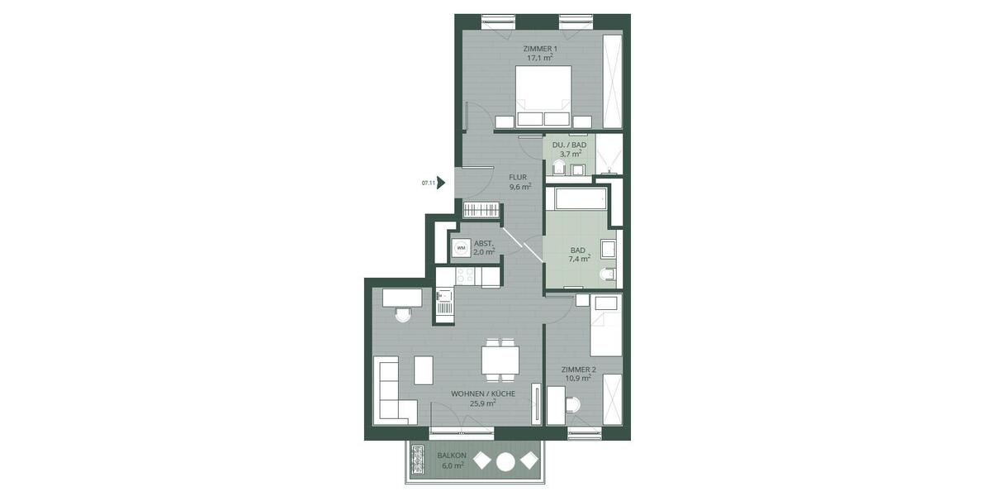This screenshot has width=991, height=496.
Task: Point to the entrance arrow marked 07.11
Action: point(441,183)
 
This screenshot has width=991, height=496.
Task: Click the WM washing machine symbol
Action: point(461,247)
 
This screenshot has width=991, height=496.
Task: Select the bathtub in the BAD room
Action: point(581,198)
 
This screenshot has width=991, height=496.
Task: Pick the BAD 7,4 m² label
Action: point(578,254)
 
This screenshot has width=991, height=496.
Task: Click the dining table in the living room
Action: point(500,360)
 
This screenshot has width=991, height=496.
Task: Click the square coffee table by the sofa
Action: point(424,370)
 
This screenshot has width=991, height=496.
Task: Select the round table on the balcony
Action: point(505,461)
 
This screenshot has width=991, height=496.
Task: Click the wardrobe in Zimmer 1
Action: point(613,81)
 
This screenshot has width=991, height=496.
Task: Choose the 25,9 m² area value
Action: point(482,404)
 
